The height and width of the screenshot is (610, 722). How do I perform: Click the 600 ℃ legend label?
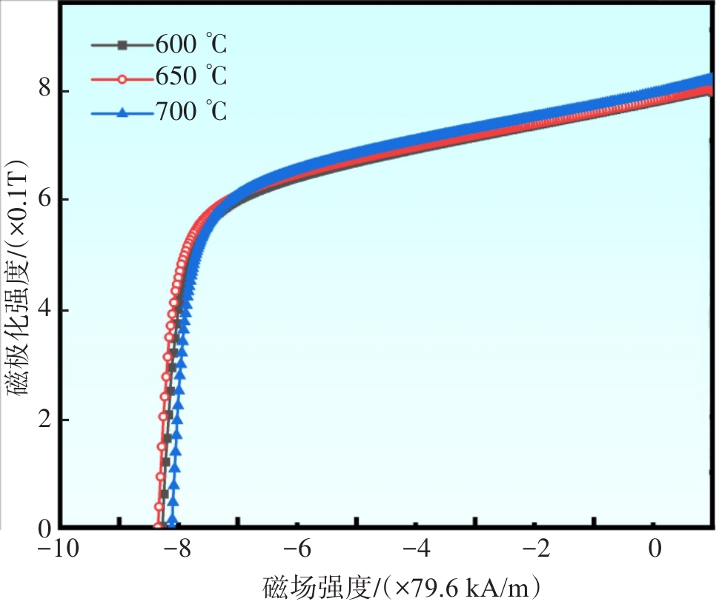pyautogui.click(x=191, y=46)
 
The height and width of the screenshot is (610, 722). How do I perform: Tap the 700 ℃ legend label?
pyautogui.click(x=191, y=112)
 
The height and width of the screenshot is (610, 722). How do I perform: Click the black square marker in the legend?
pyautogui.click(x=123, y=46)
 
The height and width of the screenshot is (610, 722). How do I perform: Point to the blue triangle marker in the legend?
pyautogui.click(x=123, y=113)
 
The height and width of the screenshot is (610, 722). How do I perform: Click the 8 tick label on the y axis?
pyautogui.click(x=45, y=91)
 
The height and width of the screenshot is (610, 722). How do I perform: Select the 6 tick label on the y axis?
pyautogui.click(x=45, y=200)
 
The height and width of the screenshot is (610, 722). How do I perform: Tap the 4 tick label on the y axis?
pyautogui.click(x=45, y=310)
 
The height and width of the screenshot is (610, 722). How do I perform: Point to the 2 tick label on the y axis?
pyautogui.click(x=45, y=420)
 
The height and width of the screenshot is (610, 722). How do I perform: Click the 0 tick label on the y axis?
pyautogui.click(x=45, y=529)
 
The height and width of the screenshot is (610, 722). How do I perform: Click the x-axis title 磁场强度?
pyautogui.click(x=400, y=589)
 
